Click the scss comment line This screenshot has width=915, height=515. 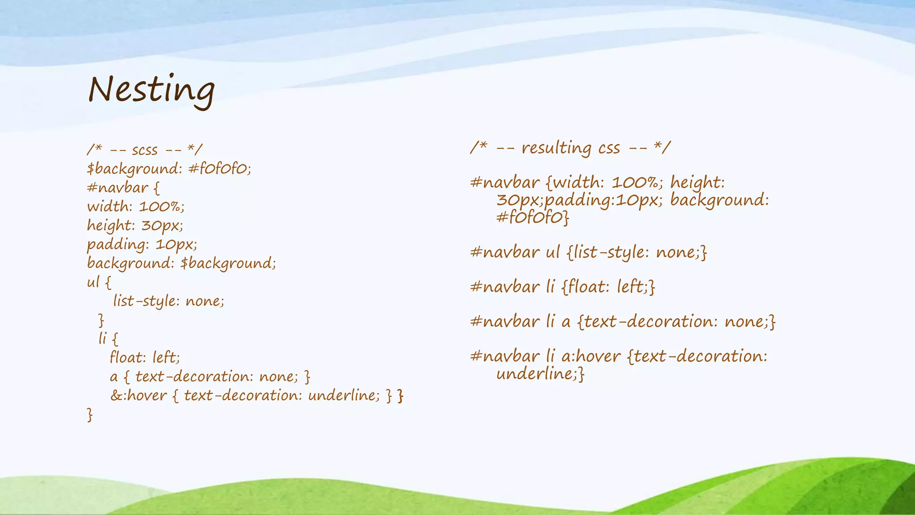coord(145,150)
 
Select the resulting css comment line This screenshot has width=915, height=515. coord(570,148)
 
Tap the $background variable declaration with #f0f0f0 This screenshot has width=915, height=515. coord(169,169)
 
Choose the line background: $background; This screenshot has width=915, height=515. coord(181,263)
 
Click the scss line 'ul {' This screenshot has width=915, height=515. coord(99,282)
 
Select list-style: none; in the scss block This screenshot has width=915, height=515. coord(168,301)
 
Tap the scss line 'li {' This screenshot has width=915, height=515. coord(108,338)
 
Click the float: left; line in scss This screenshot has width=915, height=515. coord(145,358)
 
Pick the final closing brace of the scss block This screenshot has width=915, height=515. coord(90,415)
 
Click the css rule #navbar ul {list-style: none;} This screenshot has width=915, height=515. coord(588,253)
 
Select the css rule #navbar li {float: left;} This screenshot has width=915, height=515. coord(562,287)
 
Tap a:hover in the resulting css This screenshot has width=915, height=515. coord(591,357)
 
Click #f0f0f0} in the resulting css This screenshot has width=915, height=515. coord(533,218)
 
